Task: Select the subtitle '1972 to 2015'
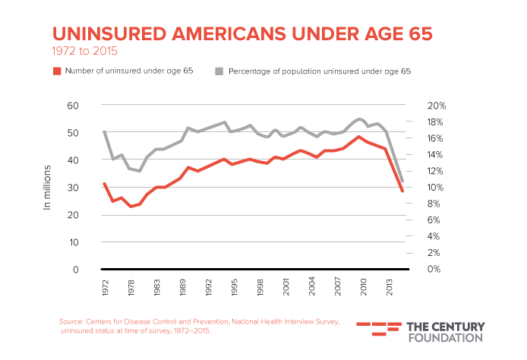[x=85, y=52]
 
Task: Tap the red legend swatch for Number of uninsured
[x=56, y=71]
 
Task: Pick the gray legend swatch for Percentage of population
[x=219, y=71]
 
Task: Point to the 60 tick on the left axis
[x=73, y=105]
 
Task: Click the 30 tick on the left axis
[x=73, y=188]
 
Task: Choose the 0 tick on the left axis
[x=76, y=270]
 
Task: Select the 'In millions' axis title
[x=46, y=187]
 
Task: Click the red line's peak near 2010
[x=358, y=136]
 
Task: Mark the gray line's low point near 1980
[x=139, y=171]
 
